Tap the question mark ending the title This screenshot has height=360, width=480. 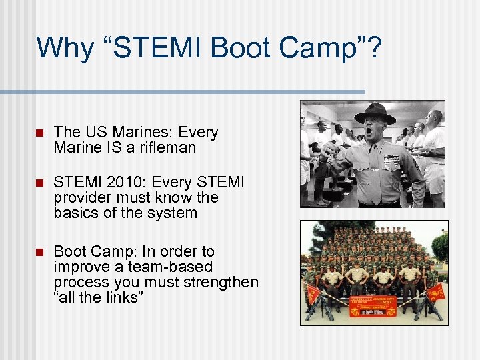point(375,48)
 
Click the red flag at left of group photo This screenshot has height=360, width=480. point(313,293)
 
